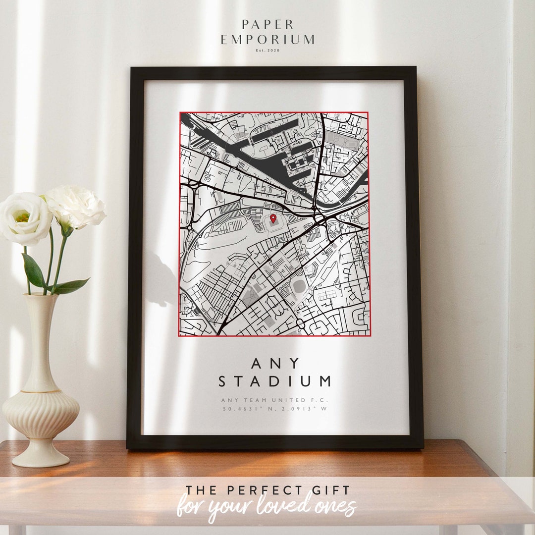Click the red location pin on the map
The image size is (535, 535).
pos(273,218)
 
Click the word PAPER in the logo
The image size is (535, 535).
pos(267,24)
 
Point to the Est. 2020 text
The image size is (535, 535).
pos(267,51)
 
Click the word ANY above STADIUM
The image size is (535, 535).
pos(275,363)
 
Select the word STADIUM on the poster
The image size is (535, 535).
pos(275,381)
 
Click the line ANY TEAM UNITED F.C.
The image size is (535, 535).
pos(275,400)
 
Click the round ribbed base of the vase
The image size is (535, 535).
pos(41,411)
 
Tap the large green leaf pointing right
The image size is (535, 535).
pos(72,285)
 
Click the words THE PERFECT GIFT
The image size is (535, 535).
pos(267,490)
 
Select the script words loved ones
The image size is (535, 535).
pos(317,506)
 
